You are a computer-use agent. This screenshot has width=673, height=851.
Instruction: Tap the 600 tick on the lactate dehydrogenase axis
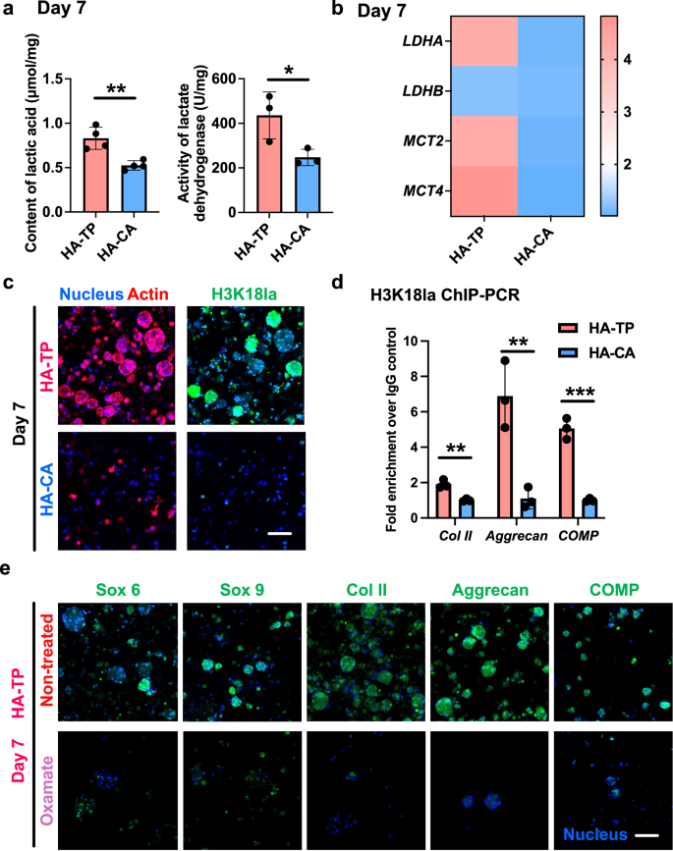click(213, 79)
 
